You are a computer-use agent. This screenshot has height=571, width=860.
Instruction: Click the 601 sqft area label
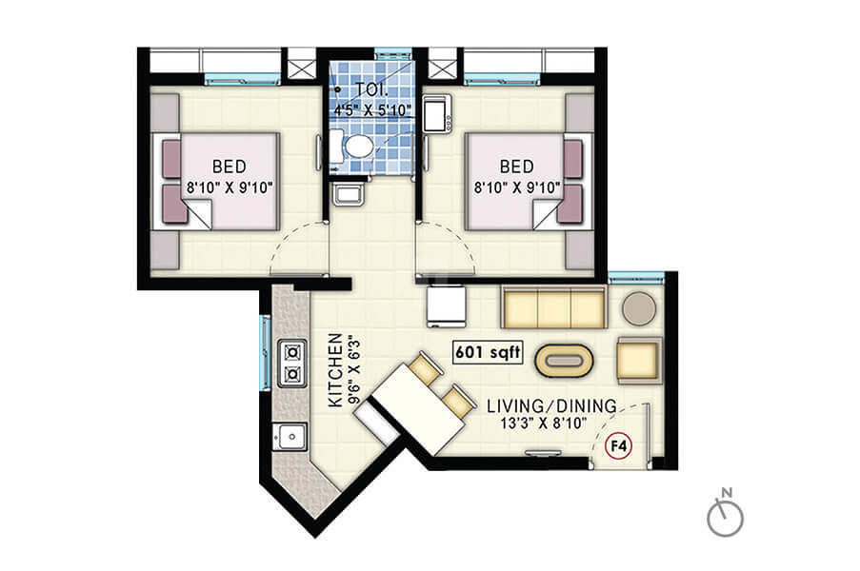click(x=488, y=352)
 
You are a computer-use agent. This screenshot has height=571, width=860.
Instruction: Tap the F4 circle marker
click(x=618, y=446)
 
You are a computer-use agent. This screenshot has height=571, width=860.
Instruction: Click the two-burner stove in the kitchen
click(x=291, y=364)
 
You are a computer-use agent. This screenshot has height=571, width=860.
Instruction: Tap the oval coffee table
click(x=564, y=360)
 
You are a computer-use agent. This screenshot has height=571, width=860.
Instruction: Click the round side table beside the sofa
click(x=639, y=308)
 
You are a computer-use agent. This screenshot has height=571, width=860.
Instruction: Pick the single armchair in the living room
click(x=638, y=360)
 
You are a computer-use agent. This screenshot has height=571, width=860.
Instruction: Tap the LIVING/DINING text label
click(x=551, y=406)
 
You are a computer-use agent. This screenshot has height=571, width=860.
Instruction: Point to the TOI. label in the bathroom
click(x=371, y=89)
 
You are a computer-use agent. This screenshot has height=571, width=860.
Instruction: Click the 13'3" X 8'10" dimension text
click(x=544, y=423)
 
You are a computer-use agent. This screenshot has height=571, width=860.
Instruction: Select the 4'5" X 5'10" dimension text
click(x=373, y=110)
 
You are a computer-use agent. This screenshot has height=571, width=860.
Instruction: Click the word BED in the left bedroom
click(x=230, y=166)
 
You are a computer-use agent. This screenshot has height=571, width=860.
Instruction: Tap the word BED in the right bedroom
click(x=516, y=166)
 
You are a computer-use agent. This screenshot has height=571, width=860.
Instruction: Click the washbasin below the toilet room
click(x=349, y=193)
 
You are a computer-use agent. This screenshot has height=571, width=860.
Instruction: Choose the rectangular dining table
click(x=419, y=408)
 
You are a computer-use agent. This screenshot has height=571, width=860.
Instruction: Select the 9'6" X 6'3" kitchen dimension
click(x=355, y=370)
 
